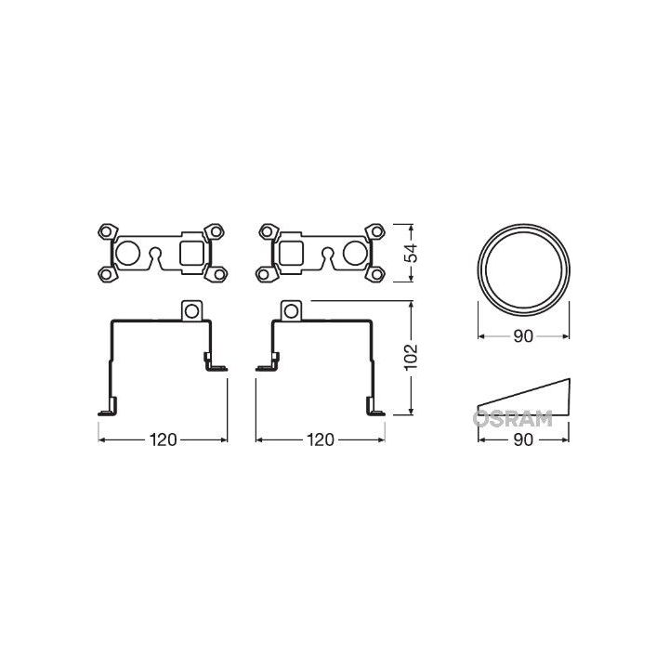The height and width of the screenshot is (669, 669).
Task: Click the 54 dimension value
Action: tap(415, 252)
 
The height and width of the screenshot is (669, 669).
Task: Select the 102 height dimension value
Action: tap(414, 357)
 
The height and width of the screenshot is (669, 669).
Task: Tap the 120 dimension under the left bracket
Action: tap(164, 439)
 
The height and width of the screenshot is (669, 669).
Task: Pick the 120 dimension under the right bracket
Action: tap(321, 439)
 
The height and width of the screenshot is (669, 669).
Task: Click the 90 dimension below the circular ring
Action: tap(523, 337)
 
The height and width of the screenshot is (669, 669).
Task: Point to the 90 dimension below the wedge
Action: tap(523, 439)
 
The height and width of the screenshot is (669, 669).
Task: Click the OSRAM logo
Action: tap(512, 419)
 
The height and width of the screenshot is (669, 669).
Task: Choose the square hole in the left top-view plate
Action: tap(190, 252)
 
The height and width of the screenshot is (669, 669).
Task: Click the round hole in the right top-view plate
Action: tap(353, 252)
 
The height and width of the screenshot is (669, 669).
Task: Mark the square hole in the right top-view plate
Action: tap(291, 252)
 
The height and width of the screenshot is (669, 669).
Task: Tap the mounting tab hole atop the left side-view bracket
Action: tap(192, 309)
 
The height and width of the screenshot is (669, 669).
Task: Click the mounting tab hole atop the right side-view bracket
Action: tap(290, 309)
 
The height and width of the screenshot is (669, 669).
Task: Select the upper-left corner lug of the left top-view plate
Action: tap(104, 230)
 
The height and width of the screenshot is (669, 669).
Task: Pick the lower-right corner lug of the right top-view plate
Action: tap(377, 274)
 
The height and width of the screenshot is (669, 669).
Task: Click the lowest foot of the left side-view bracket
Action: tap(106, 408)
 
